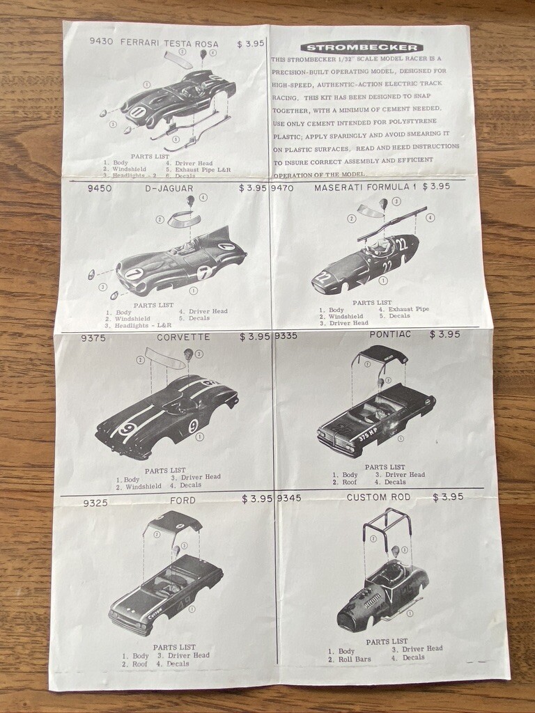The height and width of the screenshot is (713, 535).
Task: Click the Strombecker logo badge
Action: pos(362,47)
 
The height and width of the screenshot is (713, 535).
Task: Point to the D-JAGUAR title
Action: pos(169,188)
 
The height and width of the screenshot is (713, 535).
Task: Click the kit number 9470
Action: pos(282,188)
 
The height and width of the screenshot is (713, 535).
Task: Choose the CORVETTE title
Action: pos(183,337)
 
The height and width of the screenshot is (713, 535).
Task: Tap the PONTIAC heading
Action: pos(390,334)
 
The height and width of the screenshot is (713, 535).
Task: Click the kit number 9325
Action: pos(95,503)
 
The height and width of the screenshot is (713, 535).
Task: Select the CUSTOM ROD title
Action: pos(379,497)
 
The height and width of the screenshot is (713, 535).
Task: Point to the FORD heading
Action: pos(182,501)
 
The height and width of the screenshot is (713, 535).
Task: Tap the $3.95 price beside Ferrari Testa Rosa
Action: pos(251,44)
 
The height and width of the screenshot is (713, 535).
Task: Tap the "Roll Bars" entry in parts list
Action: pos(355,659)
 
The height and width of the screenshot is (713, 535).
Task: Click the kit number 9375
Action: pos(93,338)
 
